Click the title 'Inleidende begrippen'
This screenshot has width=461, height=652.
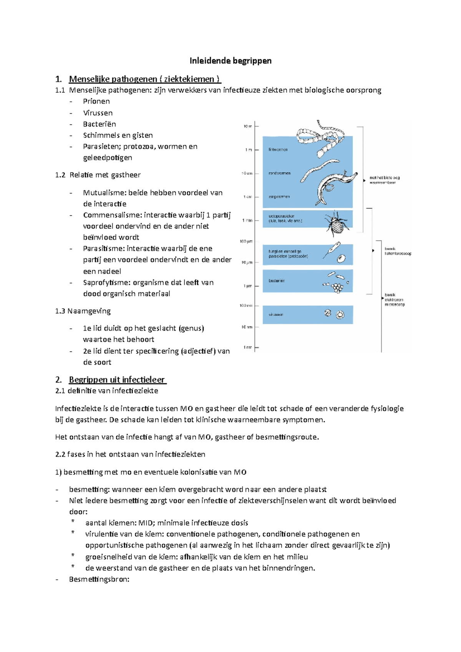[x=230, y=61]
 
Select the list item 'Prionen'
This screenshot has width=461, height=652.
[x=96, y=101]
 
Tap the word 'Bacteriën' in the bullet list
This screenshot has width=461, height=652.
[x=99, y=124]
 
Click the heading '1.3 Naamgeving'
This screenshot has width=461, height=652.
[x=83, y=311]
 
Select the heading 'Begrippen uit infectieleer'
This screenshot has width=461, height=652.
[x=117, y=380]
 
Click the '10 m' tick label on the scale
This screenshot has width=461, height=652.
[x=247, y=126]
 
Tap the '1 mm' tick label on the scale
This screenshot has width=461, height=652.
[x=247, y=220]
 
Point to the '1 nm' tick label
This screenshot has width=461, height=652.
[x=247, y=347]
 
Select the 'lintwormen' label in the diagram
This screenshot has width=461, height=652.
[x=278, y=150]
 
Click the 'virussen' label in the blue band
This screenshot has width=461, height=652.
[x=276, y=314]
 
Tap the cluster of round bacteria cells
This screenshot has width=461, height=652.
[x=337, y=287]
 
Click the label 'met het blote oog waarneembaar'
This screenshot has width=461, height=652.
[x=384, y=180]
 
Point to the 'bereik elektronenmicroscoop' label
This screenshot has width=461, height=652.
[x=394, y=300]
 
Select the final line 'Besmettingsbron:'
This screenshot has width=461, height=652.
[x=99, y=579]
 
